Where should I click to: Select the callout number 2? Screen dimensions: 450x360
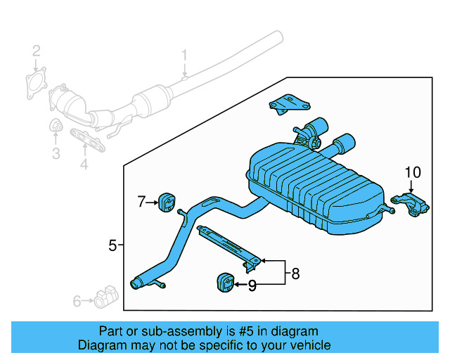click(x=36, y=51)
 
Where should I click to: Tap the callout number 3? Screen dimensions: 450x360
click(x=56, y=153)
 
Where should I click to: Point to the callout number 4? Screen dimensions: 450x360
click(x=84, y=165)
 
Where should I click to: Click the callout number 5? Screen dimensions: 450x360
click(x=112, y=245)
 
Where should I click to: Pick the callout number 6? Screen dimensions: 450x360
click(x=77, y=301)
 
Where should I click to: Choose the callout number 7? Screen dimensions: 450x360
click(x=141, y=202)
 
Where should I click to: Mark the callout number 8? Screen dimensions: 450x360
click(x=295, y=274)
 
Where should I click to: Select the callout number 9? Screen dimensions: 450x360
click(x=252, y=285)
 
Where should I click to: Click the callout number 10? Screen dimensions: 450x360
click(x=413, y=172)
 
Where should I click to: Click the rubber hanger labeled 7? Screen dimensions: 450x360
click(x=167, y=202)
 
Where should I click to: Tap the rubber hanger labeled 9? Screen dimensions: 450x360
click(x=225, y=283)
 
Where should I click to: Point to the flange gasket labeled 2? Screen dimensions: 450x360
click(x=37, y=83)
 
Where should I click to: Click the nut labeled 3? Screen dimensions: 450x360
click(x=56, y=125)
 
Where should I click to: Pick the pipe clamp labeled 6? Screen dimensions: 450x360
click(x=106, y=297)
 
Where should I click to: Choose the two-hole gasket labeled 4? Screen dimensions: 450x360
click(x=87, y=140)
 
